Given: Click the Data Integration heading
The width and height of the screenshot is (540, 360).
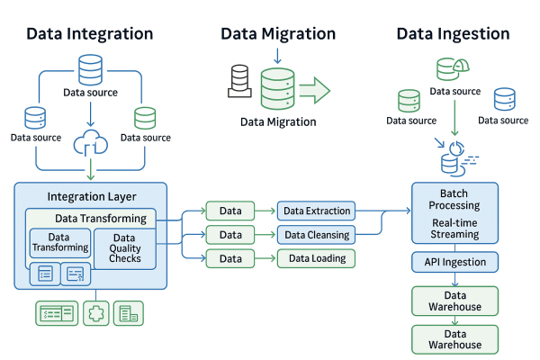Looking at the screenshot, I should [89, 34].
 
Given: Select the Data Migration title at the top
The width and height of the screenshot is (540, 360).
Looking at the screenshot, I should [278, 34].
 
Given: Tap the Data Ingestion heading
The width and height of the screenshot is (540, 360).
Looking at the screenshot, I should [453, 34].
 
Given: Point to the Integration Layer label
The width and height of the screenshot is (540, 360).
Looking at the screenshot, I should [91, 196].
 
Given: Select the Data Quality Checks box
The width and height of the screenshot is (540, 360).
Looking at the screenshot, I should [124, 248].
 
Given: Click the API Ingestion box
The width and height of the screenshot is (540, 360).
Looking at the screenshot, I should [454, 263].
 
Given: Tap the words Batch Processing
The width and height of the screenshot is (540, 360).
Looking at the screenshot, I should [454, 200].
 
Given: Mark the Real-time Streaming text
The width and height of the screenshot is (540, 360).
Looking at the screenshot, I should [454, 229].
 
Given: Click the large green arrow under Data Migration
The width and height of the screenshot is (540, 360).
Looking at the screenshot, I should [314, 90].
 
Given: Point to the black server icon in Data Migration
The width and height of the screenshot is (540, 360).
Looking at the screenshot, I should [238, 81].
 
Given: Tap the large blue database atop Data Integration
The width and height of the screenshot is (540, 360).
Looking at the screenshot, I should [90, 69].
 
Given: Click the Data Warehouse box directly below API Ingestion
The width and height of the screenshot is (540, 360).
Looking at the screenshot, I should [454, 301].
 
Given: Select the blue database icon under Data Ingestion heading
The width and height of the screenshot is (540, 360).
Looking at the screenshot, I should [504, 98].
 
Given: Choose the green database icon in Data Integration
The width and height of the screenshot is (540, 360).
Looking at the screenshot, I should [145, 118].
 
